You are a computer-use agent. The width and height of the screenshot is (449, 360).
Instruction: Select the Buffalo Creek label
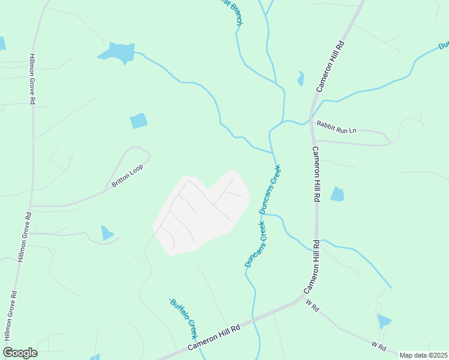pyautogui.click(x=184, y=318)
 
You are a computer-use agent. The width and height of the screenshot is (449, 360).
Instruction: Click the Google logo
pyautogui.click(x=20, y=352)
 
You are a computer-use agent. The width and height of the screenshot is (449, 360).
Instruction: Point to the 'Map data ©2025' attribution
pyautogui.click(x=423, y=355)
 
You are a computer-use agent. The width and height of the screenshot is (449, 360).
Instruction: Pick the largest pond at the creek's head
pyautogui.click(x=118, y=53)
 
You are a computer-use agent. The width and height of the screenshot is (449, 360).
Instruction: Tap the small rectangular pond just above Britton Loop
pyautogui.click(x=139, y=121)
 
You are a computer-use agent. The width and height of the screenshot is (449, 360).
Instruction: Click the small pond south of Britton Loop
pyautogui.click(x=107, y=233)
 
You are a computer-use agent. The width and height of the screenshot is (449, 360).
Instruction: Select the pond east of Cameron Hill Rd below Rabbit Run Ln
pyautogui.click(x=337, y=194)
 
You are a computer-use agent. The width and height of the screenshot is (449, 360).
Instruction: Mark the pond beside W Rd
pyautogui.click(x=384, y=322)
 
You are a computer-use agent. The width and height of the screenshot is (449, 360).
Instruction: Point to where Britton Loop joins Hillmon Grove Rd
pyautogui.click(x=31, y=206)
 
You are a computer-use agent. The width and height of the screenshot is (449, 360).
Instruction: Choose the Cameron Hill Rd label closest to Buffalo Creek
pyautogui.click(x=214, y=338)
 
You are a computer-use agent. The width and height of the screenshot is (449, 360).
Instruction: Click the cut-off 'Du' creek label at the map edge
pyautogui.click(x=444, y=45)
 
